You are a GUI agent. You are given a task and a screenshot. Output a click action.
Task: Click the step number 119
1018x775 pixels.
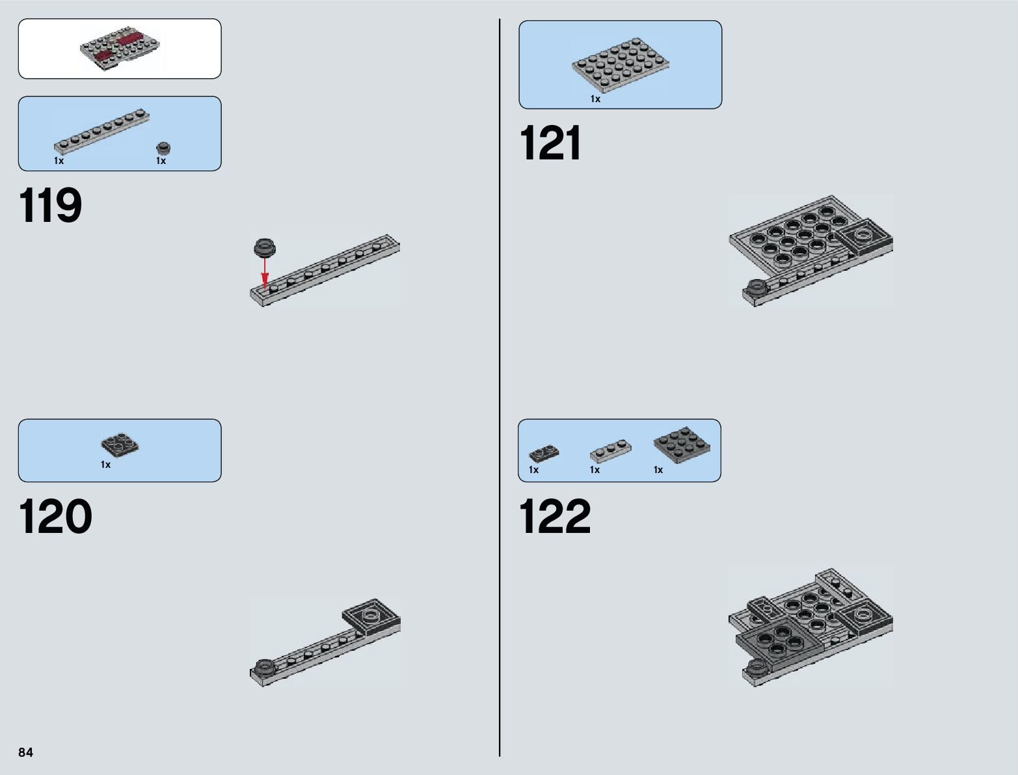tap(51, 206)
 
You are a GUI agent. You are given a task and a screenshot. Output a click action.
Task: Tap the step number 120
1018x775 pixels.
tap(55, 517)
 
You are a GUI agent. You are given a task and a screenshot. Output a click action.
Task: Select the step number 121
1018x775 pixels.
tap(550, 144)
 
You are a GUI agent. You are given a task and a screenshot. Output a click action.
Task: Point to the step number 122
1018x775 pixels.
tap(555, 517)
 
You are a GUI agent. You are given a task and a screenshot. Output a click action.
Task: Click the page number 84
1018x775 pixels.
tap(25, 752)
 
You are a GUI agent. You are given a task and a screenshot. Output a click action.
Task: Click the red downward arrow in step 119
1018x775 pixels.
tap(265, 271)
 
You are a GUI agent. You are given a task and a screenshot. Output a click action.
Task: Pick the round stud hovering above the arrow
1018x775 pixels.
tap(264, 247)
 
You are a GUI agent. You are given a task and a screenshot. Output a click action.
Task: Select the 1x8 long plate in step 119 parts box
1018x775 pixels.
tap(101, 130)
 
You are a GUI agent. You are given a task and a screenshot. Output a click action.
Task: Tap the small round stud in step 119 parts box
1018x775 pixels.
tap(163, 148)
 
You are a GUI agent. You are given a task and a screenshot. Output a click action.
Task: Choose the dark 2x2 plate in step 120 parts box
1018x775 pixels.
tap(120, 444)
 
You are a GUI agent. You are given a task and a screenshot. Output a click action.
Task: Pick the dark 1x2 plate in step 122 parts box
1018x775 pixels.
tap(544, 453)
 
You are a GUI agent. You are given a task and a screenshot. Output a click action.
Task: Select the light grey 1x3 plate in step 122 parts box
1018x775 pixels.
tap(610, 451)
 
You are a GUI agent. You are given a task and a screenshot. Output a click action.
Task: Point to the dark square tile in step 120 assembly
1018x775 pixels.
tap(371, 616)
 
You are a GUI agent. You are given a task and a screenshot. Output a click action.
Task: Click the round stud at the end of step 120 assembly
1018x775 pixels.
tap(263, 666)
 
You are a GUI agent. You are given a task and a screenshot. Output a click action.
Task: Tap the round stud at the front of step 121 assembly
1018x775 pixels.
tap(756, 286)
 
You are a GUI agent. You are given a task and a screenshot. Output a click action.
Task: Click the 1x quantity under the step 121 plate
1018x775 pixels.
tap(595, 99)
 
